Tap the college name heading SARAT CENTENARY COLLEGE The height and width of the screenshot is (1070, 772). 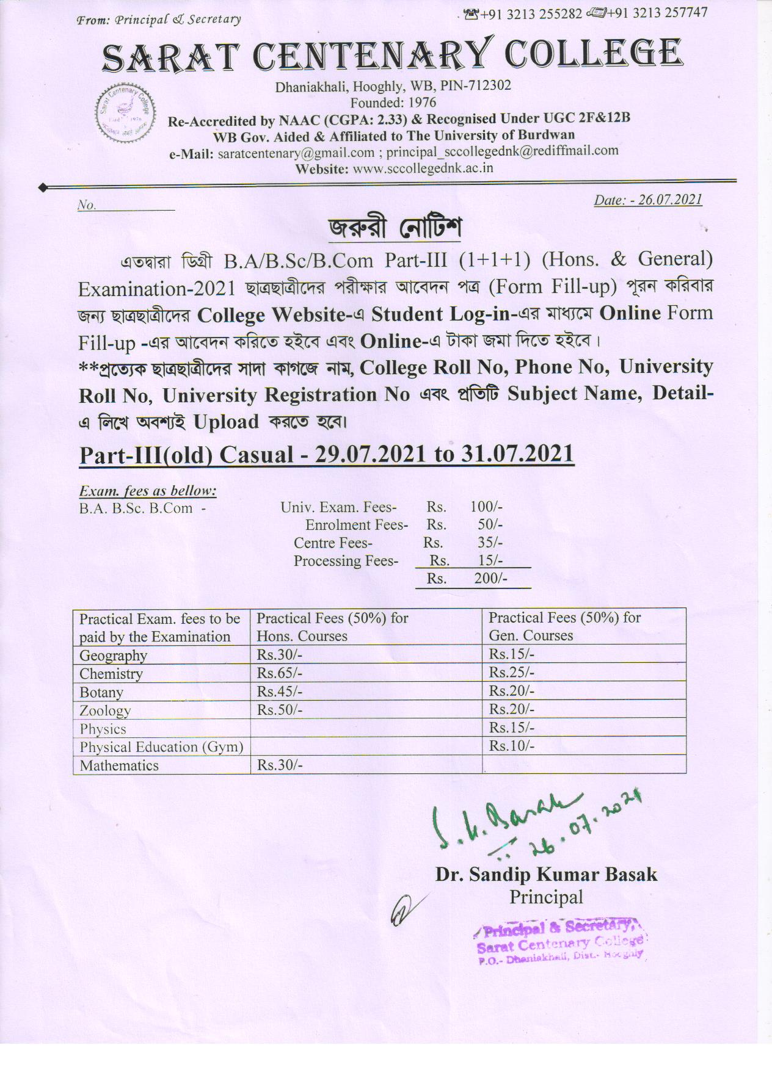(391, 54)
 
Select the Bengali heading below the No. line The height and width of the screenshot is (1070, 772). (395, 228)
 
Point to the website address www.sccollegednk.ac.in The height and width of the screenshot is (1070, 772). (423, 168)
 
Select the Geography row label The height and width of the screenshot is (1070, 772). (114, 655)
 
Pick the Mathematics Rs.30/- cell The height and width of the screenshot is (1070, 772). (280, 765)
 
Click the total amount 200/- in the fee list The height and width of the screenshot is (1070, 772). (490, 578)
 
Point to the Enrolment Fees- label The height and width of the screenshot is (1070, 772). (356, 525)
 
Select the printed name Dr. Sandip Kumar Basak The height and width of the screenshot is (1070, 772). (546, 874)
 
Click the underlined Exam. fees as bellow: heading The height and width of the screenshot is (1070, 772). (148, 491)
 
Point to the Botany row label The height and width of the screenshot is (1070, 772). (101, 692)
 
